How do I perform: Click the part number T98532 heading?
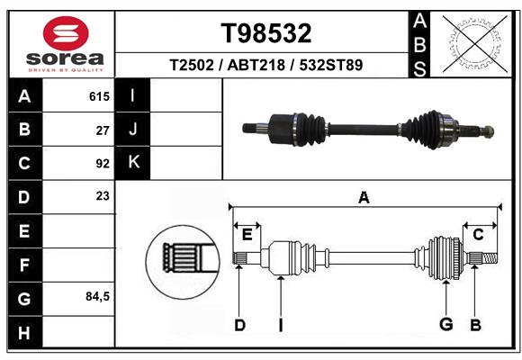(x=265, y=33)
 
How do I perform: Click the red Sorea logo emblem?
(x=66, y=34)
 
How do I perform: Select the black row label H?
(x=24, y=332)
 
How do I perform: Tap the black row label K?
(x=133, y=163)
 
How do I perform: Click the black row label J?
(x=133, y=130)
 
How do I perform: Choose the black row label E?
(x=24, y=231)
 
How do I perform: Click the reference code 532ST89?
(x=331, y=66)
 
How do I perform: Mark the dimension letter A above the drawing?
(x=364, y=197)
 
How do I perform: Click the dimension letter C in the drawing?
(x=479, y=235)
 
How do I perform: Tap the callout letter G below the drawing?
(x=445, y=324)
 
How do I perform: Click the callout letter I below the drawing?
(x=281, y=325)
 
